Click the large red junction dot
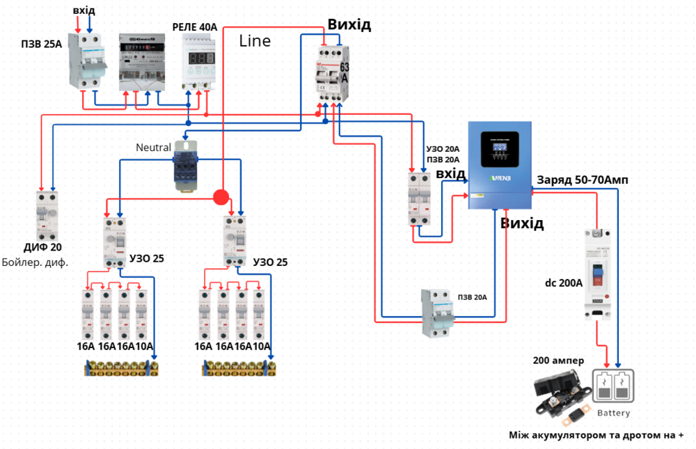point(221,196)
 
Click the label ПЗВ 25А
point(41,44)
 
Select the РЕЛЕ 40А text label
point(195,27)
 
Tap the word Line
point(255,40)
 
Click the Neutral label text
point(153,147)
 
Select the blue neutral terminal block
point(186,164)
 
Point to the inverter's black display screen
point(500,149)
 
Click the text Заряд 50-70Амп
point(582,181)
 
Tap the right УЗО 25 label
point(270,262)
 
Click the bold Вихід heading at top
point(349,25)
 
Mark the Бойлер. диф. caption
point(35,262)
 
